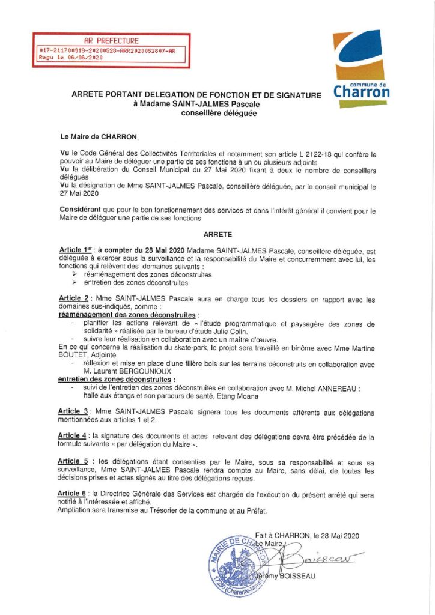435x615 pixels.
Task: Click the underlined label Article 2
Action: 74,299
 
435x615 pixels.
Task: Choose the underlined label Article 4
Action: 74,435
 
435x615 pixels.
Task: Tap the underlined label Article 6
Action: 74,493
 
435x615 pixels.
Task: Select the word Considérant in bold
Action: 83,210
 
